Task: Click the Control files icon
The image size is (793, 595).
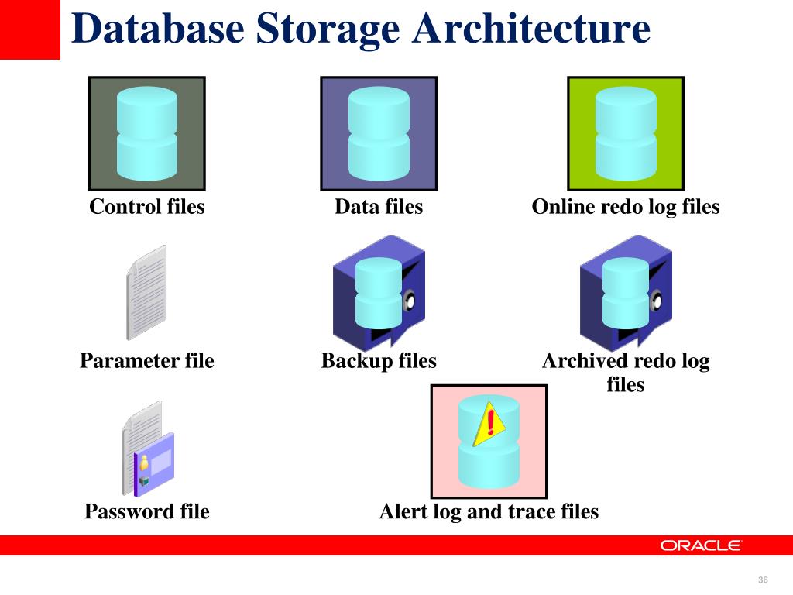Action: pos(147,133)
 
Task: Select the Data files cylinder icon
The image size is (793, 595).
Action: pos(379,133)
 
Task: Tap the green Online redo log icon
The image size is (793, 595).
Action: pos(626,133)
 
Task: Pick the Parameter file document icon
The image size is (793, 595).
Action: pos(146,292)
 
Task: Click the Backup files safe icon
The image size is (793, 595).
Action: pos(379,292)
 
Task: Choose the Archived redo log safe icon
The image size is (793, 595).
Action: pos(626,292)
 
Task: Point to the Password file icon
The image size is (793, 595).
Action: pos(147,449)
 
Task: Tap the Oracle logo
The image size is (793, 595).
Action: pos(702,545)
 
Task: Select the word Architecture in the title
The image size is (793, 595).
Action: pos(531,29)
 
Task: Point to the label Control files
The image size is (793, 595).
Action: pos(147,207)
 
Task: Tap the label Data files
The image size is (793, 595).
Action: pos(379,207)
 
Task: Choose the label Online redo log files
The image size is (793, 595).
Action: pos(626,207)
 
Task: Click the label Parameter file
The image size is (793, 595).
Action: pos(147,361)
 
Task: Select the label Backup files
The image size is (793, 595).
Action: pos(379,361)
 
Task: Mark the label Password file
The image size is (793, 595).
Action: pos(147,511)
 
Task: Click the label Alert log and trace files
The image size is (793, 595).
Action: pos(489,511)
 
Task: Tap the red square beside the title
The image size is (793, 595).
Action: pos(29,29)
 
